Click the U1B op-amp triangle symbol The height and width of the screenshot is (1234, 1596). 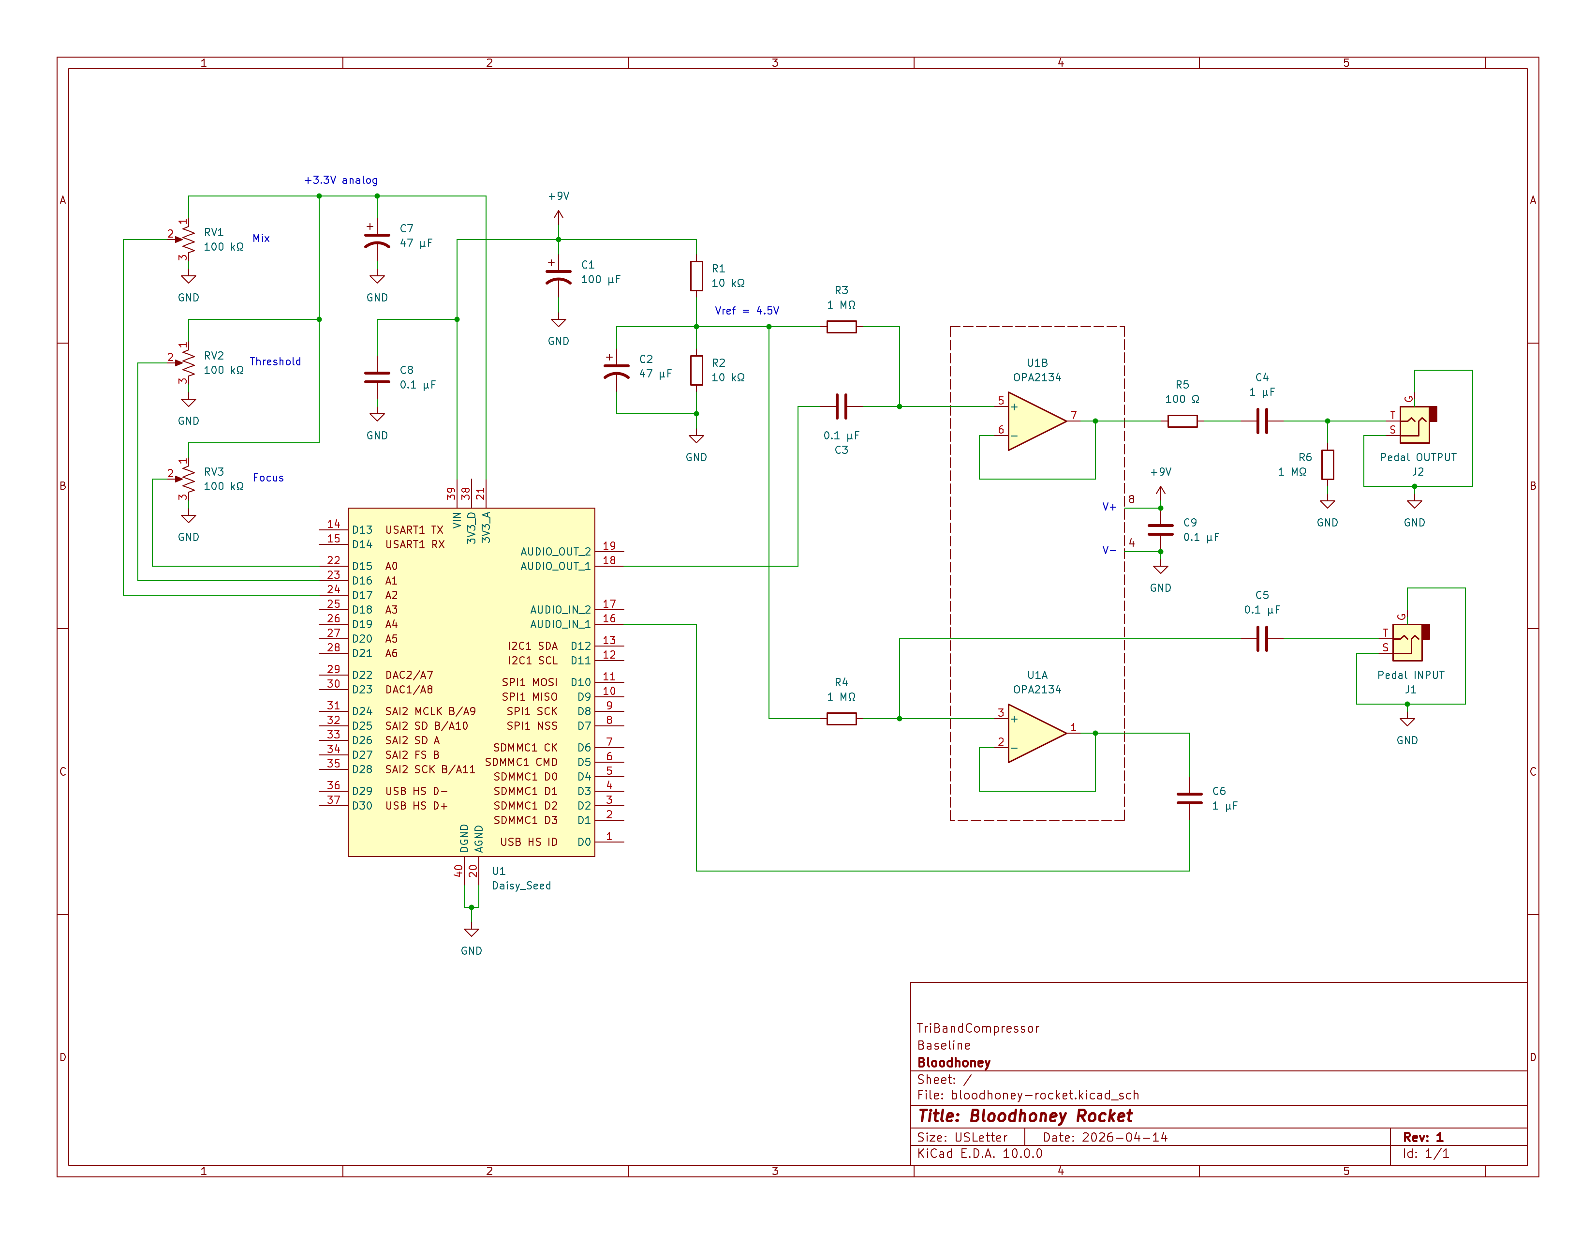(x=1034, y=421)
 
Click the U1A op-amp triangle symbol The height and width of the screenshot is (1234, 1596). (x=1034, y=733)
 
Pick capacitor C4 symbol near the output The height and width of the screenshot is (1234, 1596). (x=1262, y=421)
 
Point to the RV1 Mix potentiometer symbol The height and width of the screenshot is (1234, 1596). (x=187, y=240)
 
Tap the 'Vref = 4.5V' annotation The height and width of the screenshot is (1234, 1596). (x=746, y=311)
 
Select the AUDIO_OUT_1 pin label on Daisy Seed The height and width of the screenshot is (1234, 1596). (x=555, y=566)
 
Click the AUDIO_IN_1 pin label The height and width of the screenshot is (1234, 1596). (x=559, y=624)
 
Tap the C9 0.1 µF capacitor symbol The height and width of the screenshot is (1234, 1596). (x=1160, y=530)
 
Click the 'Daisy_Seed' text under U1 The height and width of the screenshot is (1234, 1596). (x=521, y=885)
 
